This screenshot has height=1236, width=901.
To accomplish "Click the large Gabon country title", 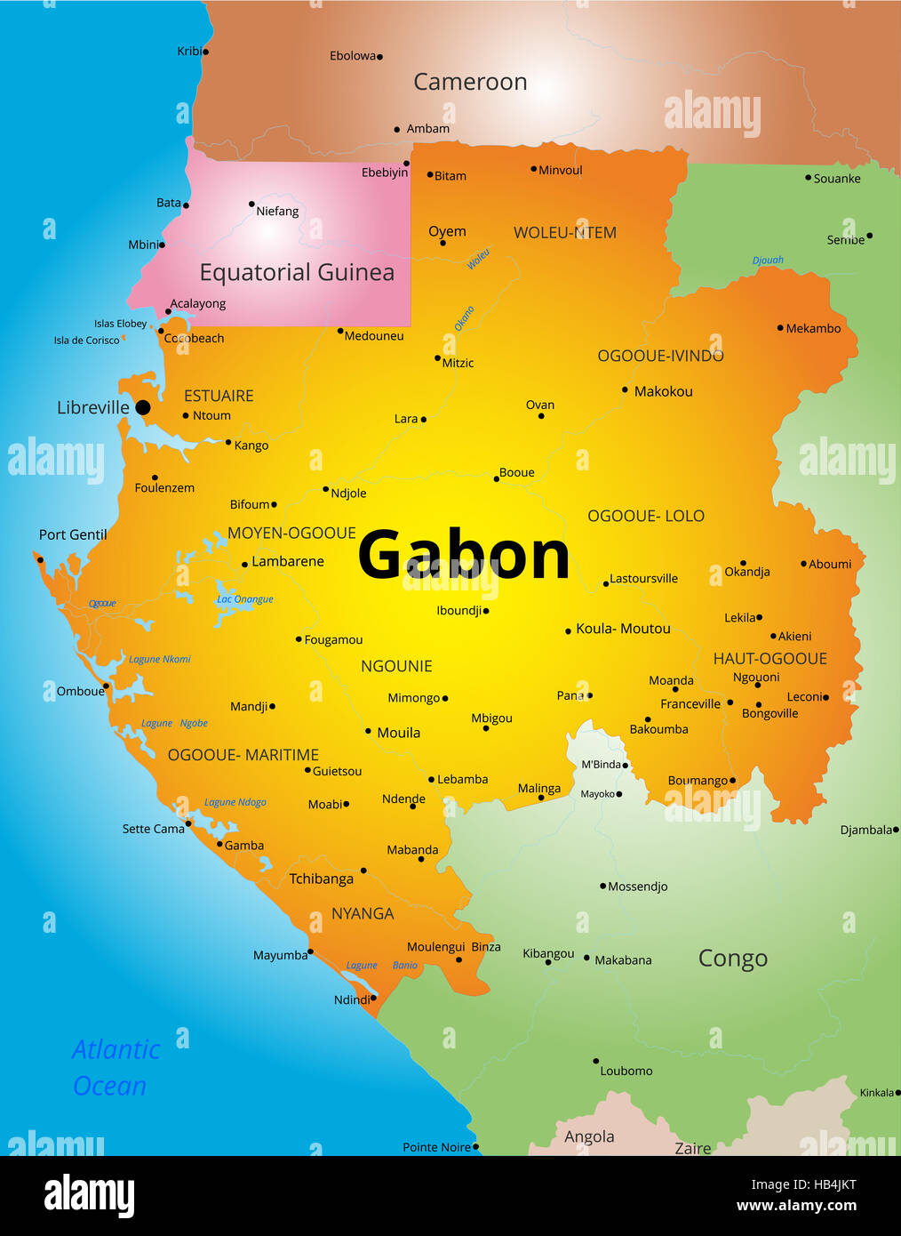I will pyautogui.click(x=463, y=555).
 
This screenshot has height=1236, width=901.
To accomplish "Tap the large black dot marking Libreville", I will pyautogui.click(x=142, y=408).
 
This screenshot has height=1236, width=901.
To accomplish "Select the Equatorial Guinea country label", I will pyautogui.click(x=297, y=272).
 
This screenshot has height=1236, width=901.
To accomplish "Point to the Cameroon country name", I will pyautogui.click(x=470, y=82).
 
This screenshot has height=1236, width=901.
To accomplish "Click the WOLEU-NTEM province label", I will pyautogui.click(x=565, y=233).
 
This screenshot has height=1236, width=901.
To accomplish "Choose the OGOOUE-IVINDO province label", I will pyautogui.click(x=660, y=356).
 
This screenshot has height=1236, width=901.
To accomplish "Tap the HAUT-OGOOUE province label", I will pyautogui.click(x=769, y=659).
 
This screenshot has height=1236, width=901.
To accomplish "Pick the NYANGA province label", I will pyautogui.click(x=363, y=913).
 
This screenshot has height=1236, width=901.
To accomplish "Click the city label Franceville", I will pyautogui.click(x=690, y=703).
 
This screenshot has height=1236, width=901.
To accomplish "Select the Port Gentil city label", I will pyautogui.click(x=73, y=534).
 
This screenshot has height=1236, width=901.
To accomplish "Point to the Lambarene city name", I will pyautogui.click(x=288, y=561).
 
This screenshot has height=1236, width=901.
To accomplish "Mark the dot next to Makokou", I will pyautogui.click(x=625, y=390).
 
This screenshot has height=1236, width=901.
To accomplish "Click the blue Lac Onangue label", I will pyautogui.click(x=245, y=599).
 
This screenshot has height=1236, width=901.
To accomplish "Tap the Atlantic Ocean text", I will pyautogui.click(x=115, y=1067).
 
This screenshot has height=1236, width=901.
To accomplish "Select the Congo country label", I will pyautogui.click(x=732, y=959).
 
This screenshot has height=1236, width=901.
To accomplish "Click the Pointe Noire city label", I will pyautogui.click(x=436, y=1147).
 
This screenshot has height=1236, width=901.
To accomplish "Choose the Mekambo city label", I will pyautogui.click(x=813, y=328).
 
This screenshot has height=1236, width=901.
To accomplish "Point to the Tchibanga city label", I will pyautogui.click(x=321, y=879).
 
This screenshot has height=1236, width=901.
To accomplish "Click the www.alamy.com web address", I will pyautogui.click(x=796, y=1206).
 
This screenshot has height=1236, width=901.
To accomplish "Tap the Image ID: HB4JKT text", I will pyautogui.click(x=803, y=1184).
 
